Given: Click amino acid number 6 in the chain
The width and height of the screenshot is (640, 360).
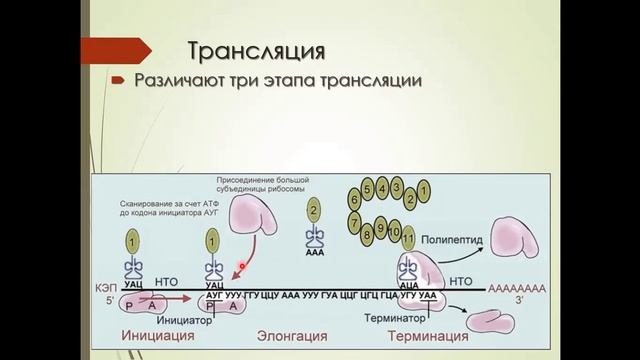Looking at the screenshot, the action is click(x=353, y=197).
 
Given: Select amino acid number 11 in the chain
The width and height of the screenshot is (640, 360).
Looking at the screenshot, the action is click(x=407, y=238).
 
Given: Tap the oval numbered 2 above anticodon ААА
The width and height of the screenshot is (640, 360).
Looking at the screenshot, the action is click(x=314, y=210).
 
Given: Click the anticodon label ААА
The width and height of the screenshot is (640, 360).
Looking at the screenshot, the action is click(x=314, y=254).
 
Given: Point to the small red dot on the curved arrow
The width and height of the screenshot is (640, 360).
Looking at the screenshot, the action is click(x=241, y=267).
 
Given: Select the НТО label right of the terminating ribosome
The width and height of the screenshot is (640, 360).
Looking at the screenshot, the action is click(x=461, y=283).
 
